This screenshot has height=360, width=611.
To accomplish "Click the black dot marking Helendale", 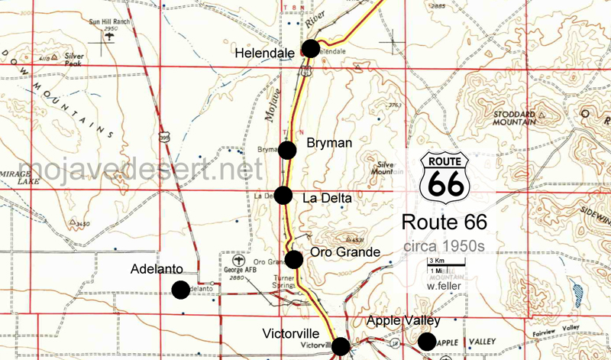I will coord(311,49).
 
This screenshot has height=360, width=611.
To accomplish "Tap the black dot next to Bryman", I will coord(287,150).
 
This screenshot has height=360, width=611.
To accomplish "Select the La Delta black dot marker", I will coord(283,195).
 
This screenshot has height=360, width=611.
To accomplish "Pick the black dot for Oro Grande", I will coord(294,259).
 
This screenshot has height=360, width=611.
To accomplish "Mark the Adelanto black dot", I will coord(180,290).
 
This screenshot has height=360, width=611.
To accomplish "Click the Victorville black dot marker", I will coord(341,345).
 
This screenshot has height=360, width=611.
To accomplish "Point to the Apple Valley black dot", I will coord(426,341).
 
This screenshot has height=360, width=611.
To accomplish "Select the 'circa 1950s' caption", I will coord(444,247).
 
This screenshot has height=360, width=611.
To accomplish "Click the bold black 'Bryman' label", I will coord(326,142).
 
